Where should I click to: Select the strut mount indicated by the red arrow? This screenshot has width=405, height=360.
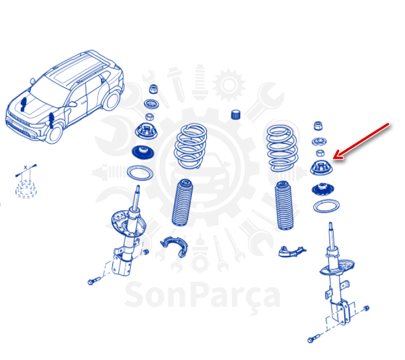[x=321, y=168]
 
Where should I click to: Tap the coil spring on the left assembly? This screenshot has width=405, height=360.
[x=191, y=146]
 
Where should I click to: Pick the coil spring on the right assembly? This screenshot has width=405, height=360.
[x=282, y=148]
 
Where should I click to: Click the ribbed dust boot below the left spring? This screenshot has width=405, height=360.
[x=182, y=203]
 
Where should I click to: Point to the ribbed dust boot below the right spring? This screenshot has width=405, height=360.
[x=284, y=206]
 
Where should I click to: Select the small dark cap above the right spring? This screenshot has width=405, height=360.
[x=236, y=115]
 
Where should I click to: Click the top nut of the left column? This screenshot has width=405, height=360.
[x=153, y=89]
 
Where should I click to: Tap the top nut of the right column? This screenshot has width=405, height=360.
[x=318, y=126]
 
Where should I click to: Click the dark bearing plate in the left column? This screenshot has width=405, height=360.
[x=143, y=153]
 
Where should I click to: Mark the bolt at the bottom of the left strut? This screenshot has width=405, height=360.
[x=94, y=281]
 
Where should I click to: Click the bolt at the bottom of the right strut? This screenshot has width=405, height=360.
[x=314, y=339]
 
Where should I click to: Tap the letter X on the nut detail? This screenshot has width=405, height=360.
[x=25, y=167]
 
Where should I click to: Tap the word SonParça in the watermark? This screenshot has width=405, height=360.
[x=202, y=296]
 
